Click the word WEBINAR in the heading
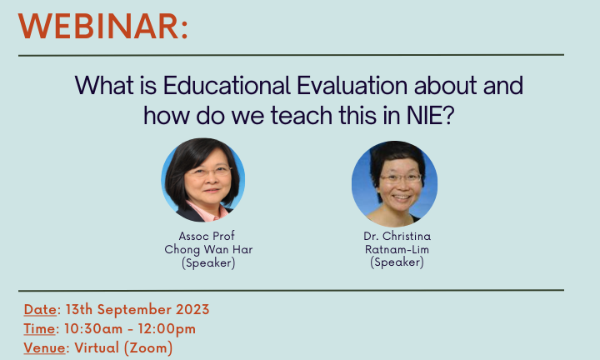pyautogui.click(x=98, y=27)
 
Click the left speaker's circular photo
pyautogui.click(x=202, y=180)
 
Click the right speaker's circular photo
pyautogui.click(x=394, y=183)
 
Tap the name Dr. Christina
pyautogui.click(x=397, y=237)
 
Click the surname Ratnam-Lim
pyautogui.click(x=397, y=249)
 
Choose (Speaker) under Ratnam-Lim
pyautogui.click(x=397, y=262)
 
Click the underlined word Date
pyautogui.click(x=40, y=310)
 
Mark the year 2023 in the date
pyautogui.click(x=192, y=310)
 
